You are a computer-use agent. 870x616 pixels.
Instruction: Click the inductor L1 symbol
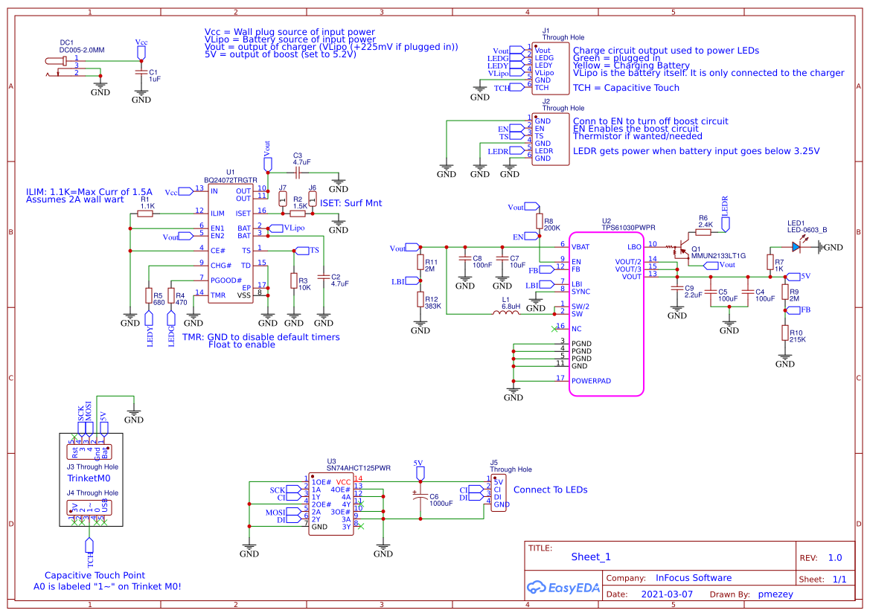505,313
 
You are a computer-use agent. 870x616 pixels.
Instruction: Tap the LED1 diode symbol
796,246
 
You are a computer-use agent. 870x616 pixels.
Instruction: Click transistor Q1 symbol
679,250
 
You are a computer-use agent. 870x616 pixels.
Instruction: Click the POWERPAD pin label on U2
591,380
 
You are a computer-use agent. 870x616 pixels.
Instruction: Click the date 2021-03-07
666,594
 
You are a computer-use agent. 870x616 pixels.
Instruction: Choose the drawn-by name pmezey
775,594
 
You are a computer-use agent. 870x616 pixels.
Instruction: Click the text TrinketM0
93,478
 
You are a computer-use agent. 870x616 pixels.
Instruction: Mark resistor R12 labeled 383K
420,300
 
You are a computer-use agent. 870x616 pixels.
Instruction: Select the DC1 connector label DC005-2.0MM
82,49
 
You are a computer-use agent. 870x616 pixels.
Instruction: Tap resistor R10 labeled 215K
784,333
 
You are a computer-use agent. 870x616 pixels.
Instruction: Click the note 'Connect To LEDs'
550,490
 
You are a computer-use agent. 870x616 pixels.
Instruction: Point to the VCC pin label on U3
343,481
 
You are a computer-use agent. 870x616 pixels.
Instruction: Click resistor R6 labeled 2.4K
703,232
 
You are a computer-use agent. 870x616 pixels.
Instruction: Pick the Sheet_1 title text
591,556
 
